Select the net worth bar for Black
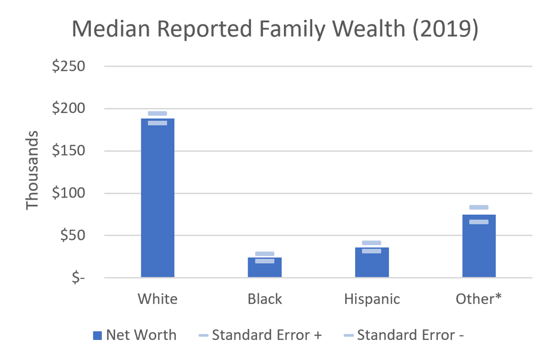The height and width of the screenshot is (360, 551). point(264,268)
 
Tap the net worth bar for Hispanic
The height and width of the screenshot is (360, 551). point(372,263)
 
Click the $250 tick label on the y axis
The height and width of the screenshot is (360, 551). point(69,66)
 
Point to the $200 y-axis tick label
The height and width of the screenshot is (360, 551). point(69,109)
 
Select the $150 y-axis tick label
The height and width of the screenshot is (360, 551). point(69,151)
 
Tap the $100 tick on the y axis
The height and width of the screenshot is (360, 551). point(69,193)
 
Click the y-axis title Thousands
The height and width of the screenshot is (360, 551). point(33,170)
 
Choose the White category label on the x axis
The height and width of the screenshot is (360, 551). point(158,299)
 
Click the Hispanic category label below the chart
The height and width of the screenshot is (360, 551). point(372,299)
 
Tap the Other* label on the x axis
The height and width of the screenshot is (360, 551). point(479,299)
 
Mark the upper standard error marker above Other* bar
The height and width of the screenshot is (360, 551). point(479,207)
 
